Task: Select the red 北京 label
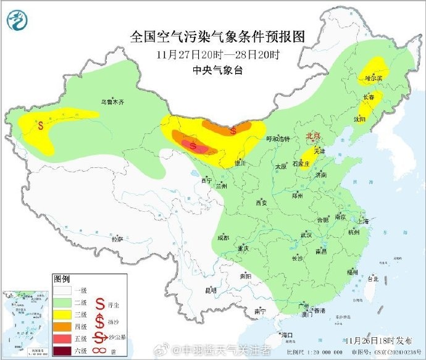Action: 314,136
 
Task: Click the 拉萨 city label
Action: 117,238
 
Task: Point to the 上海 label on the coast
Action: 363,221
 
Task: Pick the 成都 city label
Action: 223,238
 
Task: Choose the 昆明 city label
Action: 211,290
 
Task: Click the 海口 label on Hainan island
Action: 285,334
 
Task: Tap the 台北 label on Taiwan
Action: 372,279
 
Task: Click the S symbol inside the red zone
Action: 194,146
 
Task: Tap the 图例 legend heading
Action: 62,278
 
